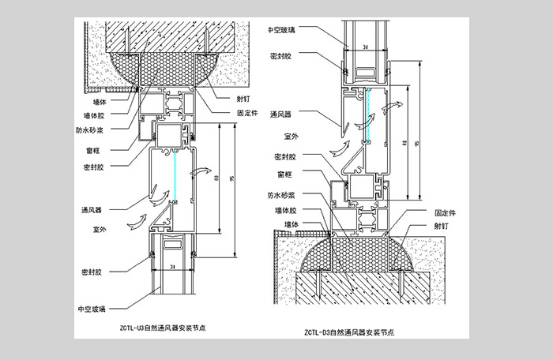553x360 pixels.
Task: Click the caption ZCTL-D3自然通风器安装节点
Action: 352,332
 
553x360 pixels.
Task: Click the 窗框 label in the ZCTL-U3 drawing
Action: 92,150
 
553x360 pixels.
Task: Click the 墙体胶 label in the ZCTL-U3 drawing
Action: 94,115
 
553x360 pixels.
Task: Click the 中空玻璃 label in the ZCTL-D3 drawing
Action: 280,30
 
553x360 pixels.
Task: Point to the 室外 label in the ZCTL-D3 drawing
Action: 282,136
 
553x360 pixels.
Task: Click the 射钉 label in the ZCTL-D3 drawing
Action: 444,224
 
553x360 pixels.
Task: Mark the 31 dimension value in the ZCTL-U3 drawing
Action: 173,267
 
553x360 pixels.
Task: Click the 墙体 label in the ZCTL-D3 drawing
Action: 293,224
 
